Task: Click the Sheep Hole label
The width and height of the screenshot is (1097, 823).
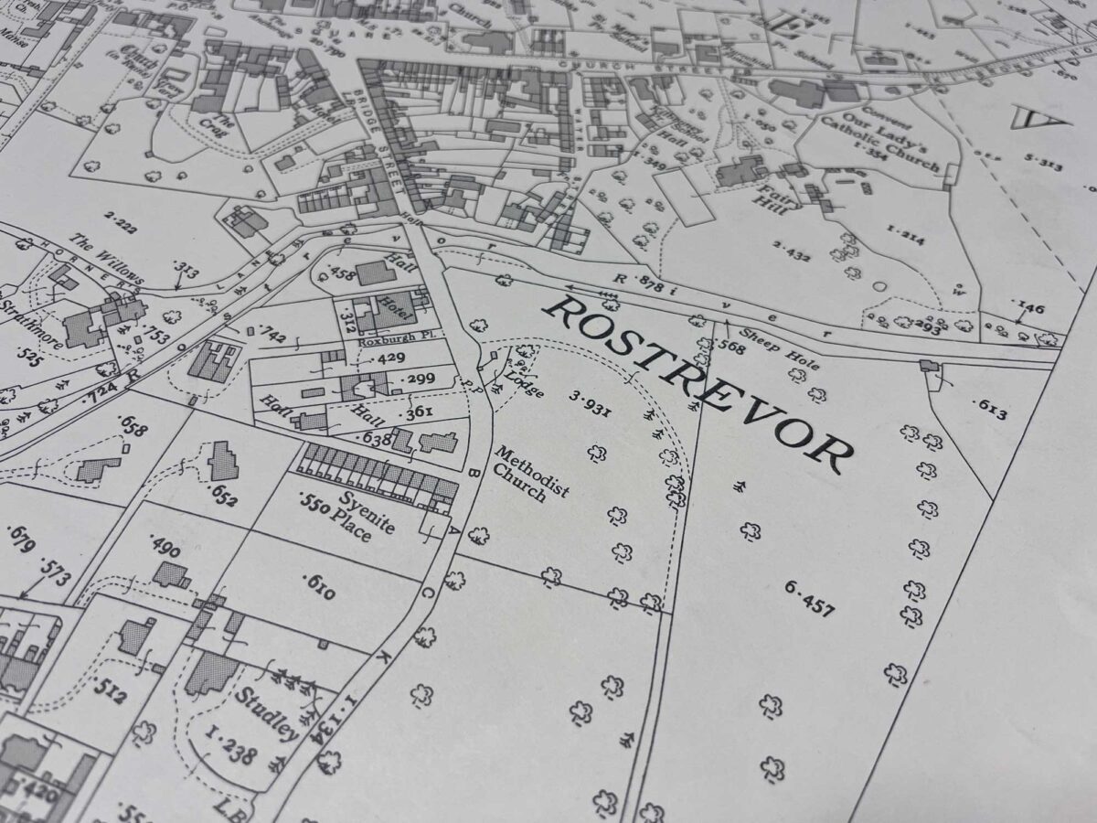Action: coord(766,347)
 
